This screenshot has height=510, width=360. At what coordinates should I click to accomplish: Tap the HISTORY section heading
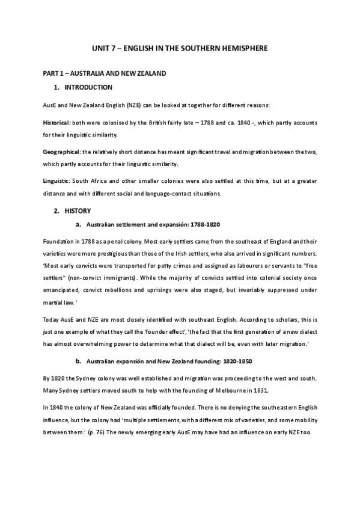pos(78,211)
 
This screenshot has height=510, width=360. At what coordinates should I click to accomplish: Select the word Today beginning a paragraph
pos(50,319)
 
